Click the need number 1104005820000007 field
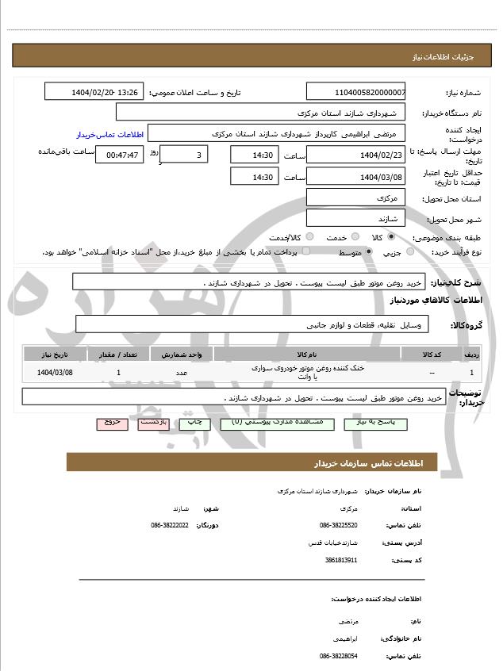(355, 92)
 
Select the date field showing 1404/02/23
(355, 155)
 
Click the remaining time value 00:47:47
(119, 155)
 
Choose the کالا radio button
(391, 237)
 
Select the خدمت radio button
(354, 237)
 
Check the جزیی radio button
(410, 252)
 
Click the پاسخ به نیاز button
(376, 424)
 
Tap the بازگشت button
(153, 423)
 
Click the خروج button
(112, 423)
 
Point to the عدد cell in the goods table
(181, 372)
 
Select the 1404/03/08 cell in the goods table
(55, 372)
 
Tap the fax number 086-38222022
(170, 525)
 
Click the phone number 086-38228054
(339, 656)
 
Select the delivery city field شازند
(355, 217)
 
